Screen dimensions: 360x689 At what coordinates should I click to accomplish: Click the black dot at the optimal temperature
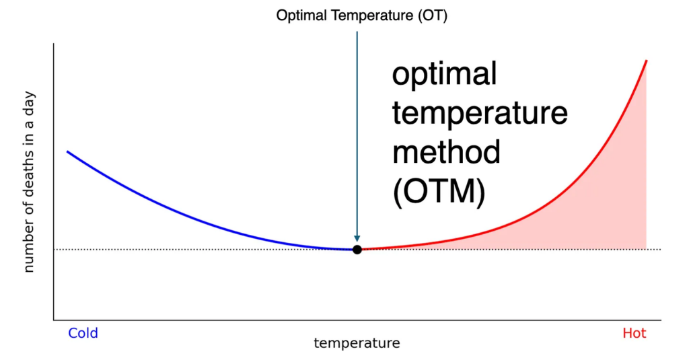pyautogui.click(x=357, y=250)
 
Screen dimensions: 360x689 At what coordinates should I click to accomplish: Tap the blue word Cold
pyautogui.click(x=83, y=333)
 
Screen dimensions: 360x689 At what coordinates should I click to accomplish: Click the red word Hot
pyautogui.click(x=634, y=333)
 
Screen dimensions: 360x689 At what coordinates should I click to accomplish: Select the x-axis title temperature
pyautogui.click(x=357, y=343)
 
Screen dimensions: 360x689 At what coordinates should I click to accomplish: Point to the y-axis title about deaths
pyautogui.click(x=29, y=181)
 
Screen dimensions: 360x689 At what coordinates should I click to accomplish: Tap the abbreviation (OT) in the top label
pyautogui.click(x=432, y=15)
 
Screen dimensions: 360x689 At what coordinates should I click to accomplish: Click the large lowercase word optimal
pyautogui.click(x=444, y=74)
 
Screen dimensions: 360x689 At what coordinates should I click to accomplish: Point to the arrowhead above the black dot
pyautogui.click(x=357, y=238)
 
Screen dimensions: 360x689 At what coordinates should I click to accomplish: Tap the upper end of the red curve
pyautogui.click(x=646, y=61)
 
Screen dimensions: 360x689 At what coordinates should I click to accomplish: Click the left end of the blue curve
pyautogui.click(x=67, y=151)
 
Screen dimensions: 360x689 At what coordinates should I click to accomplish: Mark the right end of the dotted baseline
pyautogui.click(x=660, y=250)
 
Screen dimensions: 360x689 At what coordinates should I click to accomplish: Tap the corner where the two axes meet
pyautogui.click(x=54, y=320)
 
